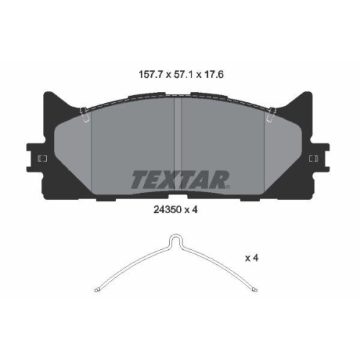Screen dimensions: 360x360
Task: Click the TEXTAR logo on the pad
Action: click(x=179, y=178)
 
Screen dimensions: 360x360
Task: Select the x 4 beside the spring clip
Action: click(x=251, y=256)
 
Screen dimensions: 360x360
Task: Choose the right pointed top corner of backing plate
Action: click(x=311, y=95)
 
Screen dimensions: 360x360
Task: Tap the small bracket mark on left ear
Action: click(x=41, y=158)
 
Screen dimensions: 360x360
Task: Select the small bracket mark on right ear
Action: click(x=315, y=158)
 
